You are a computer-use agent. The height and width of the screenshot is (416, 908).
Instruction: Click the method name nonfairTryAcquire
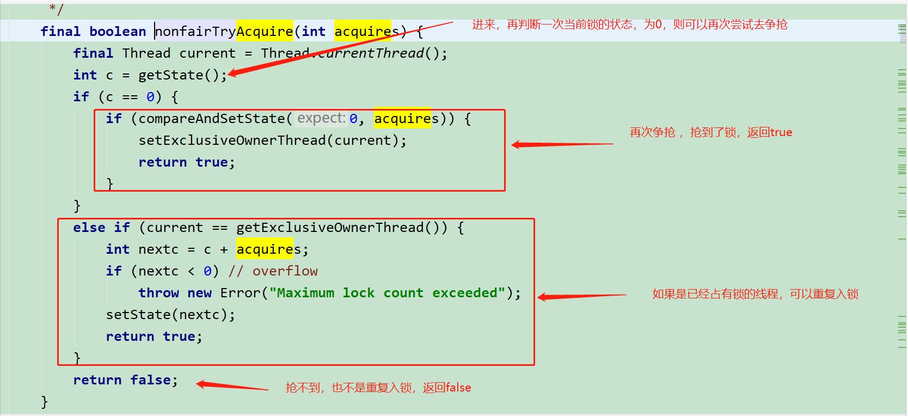[x=224, y=32]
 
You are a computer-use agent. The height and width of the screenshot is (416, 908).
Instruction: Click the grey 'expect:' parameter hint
[x=321, y=118]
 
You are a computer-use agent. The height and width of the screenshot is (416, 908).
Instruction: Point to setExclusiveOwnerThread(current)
[x=272, y=140]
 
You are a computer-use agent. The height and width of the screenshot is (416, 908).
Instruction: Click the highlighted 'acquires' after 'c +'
[x=265, y=249]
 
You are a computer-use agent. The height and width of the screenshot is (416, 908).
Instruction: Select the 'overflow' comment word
[x=285, y=271]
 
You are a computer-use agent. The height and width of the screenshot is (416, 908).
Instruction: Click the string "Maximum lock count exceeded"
[x=387, y=293]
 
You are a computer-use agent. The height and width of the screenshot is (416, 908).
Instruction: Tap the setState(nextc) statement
[x=170, y=315]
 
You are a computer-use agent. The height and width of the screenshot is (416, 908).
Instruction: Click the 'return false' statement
[x=125, y=380]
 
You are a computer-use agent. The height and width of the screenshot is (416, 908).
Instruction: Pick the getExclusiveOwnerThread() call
[x=341, y=228]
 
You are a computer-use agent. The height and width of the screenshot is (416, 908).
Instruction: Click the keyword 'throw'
[x=158, y=293]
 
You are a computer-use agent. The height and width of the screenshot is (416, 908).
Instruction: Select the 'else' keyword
[x=89, y=228]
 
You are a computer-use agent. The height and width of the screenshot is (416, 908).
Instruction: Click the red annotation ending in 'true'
[x=710, y=132]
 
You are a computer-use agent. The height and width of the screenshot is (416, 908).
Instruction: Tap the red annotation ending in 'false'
[x=378, y=388]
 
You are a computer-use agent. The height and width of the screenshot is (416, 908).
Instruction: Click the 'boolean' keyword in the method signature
[x=118, y=32]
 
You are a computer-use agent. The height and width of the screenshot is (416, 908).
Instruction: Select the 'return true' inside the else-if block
[x=154, y=337]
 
